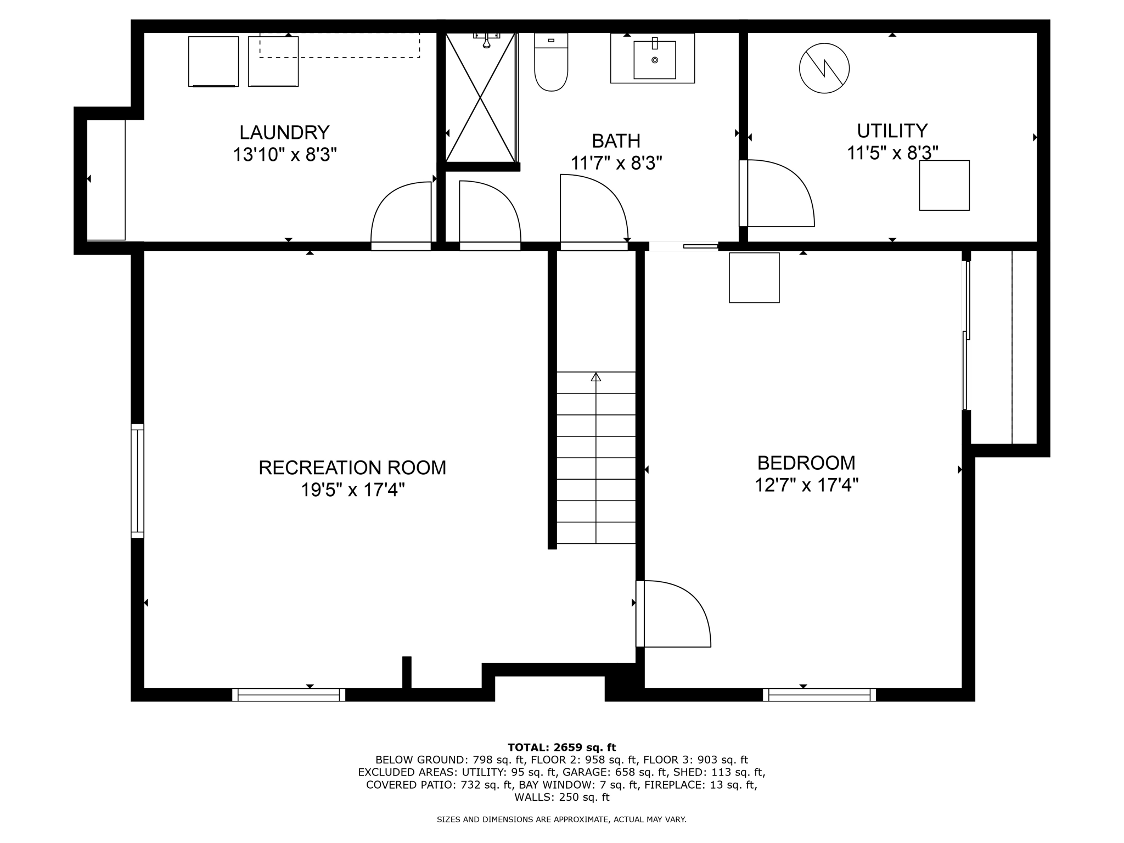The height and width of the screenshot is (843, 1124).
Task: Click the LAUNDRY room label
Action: [x=284, y=132]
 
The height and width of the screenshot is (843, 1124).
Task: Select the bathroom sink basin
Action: [x=654, y=59]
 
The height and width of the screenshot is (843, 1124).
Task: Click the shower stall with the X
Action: [x=480, y=97]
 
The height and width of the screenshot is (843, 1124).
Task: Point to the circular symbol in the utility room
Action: [x=824, y=69]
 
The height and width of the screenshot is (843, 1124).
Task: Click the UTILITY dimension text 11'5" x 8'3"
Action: [x=892, y=153]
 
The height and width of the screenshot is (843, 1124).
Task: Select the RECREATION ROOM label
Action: [x=352, y=468]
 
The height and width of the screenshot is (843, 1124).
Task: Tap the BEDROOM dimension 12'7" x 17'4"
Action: [x=806, y=485]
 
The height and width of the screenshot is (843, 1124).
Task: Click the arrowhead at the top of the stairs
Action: [x=596, y=377]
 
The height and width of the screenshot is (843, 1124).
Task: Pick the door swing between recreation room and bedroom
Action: [x=675, y=614]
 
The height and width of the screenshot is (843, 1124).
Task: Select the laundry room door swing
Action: [x=401, y=214]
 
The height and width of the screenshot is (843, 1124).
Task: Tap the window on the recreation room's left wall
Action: [x=137, y=481]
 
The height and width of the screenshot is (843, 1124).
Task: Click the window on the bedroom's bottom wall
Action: [x=819, y=695]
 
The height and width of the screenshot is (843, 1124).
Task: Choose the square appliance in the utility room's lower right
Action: [x=944, y=186]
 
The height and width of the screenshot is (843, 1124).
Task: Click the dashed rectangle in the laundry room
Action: [x=339, y=45]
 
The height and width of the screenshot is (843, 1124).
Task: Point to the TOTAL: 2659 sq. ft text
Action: [x=561, y=748]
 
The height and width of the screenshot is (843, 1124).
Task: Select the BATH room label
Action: [x=616, y=141]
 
